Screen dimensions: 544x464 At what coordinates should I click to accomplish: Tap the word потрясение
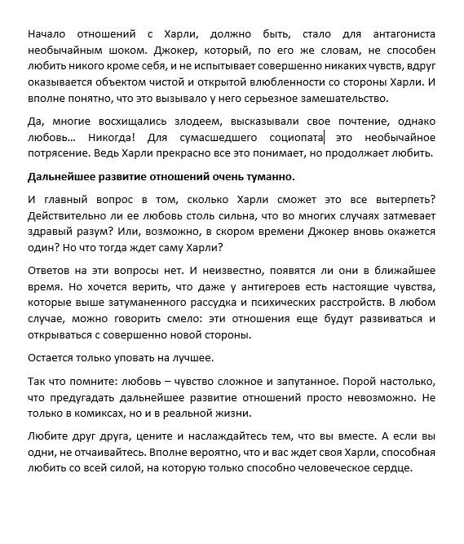click(59, 153)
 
